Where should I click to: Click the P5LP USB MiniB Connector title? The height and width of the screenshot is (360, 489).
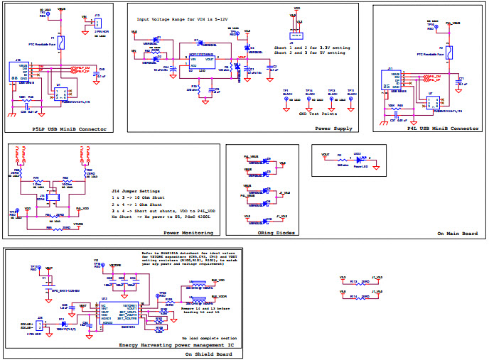(69, 129)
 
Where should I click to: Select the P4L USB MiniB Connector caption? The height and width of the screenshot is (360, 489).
(442, 129)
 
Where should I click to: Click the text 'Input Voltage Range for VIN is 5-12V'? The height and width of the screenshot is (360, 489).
(178, 20)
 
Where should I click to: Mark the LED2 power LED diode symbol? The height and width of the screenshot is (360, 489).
(359, 159)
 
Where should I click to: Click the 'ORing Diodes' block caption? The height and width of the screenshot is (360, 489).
(276, 232)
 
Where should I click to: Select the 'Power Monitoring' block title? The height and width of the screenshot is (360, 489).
(189, 232)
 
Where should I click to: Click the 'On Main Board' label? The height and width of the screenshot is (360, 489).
(456, 233)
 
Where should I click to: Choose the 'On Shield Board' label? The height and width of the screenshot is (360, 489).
(208, 353)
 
